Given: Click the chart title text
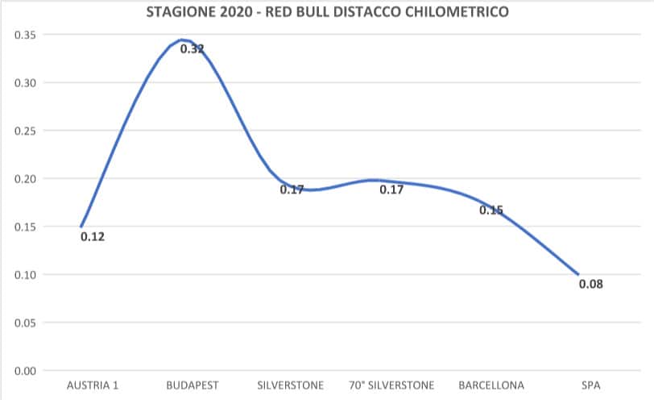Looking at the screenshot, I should pyautogui.click(x=327, y=13).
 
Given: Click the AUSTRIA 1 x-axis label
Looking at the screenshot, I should pyautogui.click(x=92, y=385).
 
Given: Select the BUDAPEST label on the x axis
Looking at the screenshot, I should pyautogui.click(x=192, y=385).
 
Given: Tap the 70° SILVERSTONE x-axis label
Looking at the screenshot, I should pyautogui.click(x=391, y=385).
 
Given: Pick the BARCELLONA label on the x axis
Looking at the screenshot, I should pyautogui.click(x=491, y=385).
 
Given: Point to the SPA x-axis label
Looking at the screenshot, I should pyautogui.click(x=591, y=385).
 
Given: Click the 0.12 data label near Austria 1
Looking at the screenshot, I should pyautogui.click(x=93, y=237).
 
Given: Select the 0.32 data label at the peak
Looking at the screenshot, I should pyautogui.click(x=192, y=48).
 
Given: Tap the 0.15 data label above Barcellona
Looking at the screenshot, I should pyautogui.click(x=491, y=210).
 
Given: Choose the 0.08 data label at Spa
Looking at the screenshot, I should pyautogui.click(x=591, y=284).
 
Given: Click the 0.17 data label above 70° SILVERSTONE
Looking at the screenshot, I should pyautogui.click(x=391, y=190).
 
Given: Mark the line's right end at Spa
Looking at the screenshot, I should pyautogui.click(x=578, y=274).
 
